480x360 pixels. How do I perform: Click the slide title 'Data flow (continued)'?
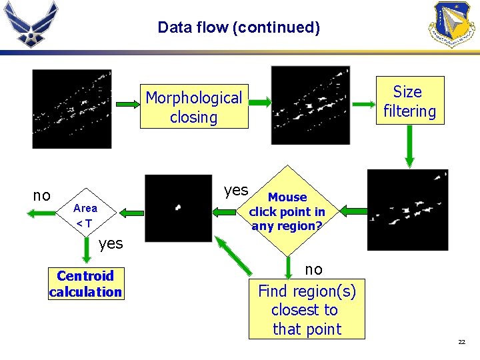239,27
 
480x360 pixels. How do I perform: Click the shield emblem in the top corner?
453,23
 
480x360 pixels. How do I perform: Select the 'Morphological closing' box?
193,107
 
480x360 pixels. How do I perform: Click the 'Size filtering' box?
409,101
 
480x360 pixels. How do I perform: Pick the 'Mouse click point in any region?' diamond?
287,211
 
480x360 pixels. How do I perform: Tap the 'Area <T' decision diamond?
85,215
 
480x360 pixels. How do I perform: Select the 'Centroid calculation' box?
85,283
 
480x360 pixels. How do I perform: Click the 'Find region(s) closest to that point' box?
307,310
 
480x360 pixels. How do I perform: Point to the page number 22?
461,342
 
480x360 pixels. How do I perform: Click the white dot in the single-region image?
177,207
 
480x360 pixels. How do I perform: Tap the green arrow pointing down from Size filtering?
409,145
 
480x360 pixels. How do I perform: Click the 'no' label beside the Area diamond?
41,195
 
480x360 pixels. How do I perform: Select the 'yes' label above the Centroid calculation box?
111,243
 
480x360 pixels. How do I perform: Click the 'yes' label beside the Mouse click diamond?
236,191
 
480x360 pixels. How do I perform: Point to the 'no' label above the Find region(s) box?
313,269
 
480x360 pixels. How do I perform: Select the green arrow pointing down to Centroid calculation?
86,251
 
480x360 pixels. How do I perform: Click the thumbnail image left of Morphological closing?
72,109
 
